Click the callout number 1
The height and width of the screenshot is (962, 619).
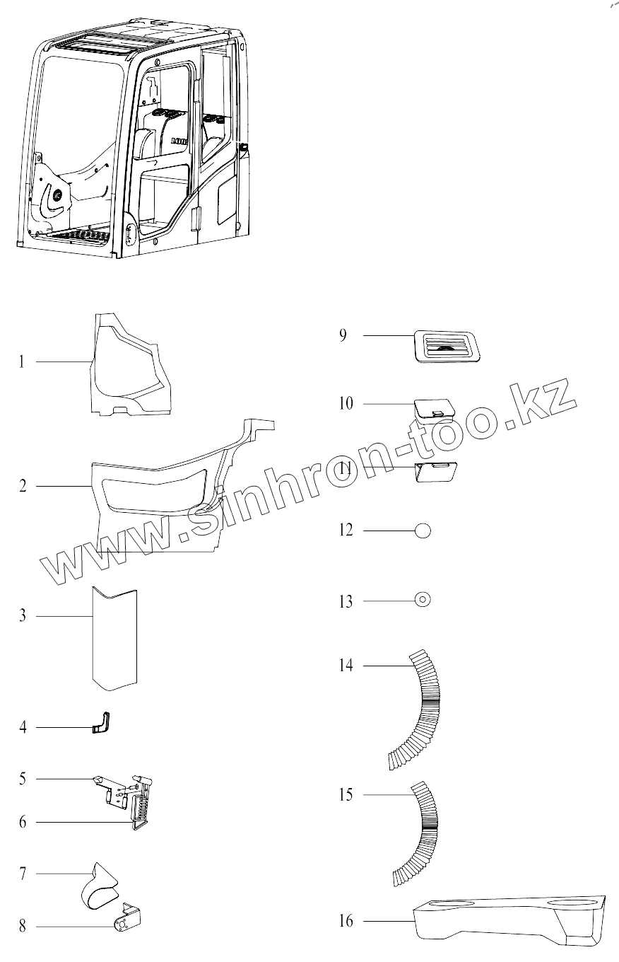(x=22, y=362)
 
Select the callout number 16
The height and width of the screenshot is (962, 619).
(x=346, y=922)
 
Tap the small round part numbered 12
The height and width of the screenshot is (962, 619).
(x=422, y=531)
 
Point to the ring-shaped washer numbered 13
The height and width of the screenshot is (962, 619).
(x=422, y=600)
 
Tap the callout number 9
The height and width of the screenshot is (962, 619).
(x=343, y=335)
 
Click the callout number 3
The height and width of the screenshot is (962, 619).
(x=22, y=616)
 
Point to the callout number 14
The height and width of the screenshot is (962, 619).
(x=346, y=666)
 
